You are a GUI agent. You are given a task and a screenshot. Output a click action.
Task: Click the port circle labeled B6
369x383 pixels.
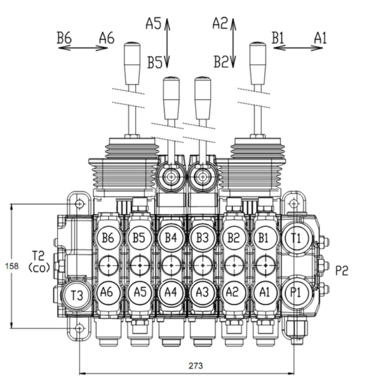click(x=108, y=237)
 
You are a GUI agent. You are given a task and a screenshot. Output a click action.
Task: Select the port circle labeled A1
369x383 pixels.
click(x=265, y=292)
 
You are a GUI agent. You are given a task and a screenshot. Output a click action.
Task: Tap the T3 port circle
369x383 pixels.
click(x=77, y=295)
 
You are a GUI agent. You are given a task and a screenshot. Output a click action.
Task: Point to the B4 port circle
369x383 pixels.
click(x=171, y=237)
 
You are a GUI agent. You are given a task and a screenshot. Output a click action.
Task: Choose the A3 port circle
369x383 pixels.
click(x=203, y=292)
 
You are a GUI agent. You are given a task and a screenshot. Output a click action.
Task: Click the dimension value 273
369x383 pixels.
click(x=196, y=365)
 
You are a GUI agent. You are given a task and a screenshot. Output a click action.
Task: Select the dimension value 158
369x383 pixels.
click(x=12, y=266)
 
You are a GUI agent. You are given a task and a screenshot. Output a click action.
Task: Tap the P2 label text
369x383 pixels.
click(x=342, y=270)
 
